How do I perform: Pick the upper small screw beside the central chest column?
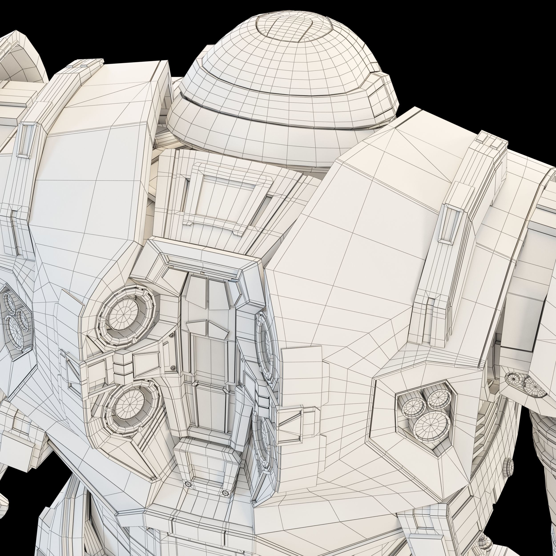coord(172,336)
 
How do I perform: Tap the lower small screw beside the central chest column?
coord(173,368)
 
